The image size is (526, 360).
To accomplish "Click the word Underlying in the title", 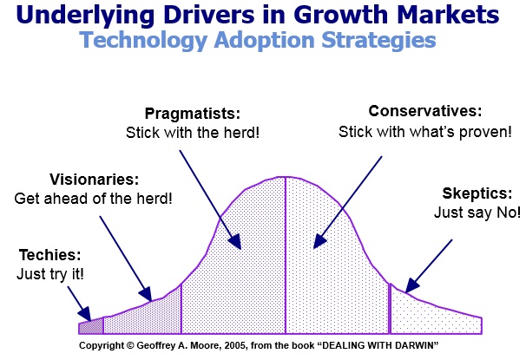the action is pyautogui.click(x=85, y=16).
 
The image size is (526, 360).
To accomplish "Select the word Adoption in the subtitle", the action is pyautogui.click(x=265, y=41).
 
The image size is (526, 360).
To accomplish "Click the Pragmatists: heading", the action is pyautogui.click(x=193, y=114).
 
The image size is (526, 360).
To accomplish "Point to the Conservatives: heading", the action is pyautogui.click(x=425, y=111).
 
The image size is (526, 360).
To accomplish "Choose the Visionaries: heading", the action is pyautogui.click(x=95, y=180).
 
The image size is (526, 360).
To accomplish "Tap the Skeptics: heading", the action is pyautogui.click(x=477, y=193).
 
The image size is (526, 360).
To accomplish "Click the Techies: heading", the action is pyautogui.click(x=50, y=255).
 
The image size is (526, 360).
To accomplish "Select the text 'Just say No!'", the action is pyautogui.click(x=477, y=213).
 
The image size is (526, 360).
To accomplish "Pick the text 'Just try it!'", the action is pyautogui.click(x=50, y=274).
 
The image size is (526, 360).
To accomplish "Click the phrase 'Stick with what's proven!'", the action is pyautogui.click(x=425, y=132).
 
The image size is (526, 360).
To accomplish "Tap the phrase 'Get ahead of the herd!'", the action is pyautogui.click(x=93, y=199).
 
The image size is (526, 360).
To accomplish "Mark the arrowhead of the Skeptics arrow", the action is pyautogui.click(x=411, y=286).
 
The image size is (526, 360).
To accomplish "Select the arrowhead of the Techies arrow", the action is pyautogui.click(x=85, y=314).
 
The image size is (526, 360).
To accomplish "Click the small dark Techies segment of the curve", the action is pyautogui.click(x=91, y=326).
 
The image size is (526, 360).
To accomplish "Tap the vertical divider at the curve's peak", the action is pyautogui.click(x=286, y=255).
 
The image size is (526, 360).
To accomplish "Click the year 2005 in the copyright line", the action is pyautogui.click(x=236, y=345).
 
